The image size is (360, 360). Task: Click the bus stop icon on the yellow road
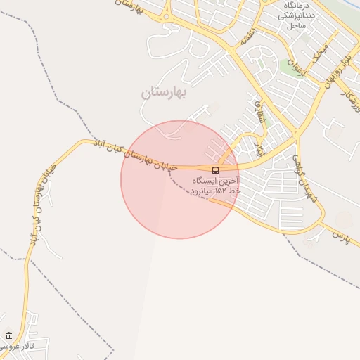click(x=215, y=169)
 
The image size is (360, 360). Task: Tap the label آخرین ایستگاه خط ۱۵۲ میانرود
click(x=216, y=186)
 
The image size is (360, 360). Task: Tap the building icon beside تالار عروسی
click(x=8, y=335)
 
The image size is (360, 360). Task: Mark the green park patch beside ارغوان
click(x=288, y=67)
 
